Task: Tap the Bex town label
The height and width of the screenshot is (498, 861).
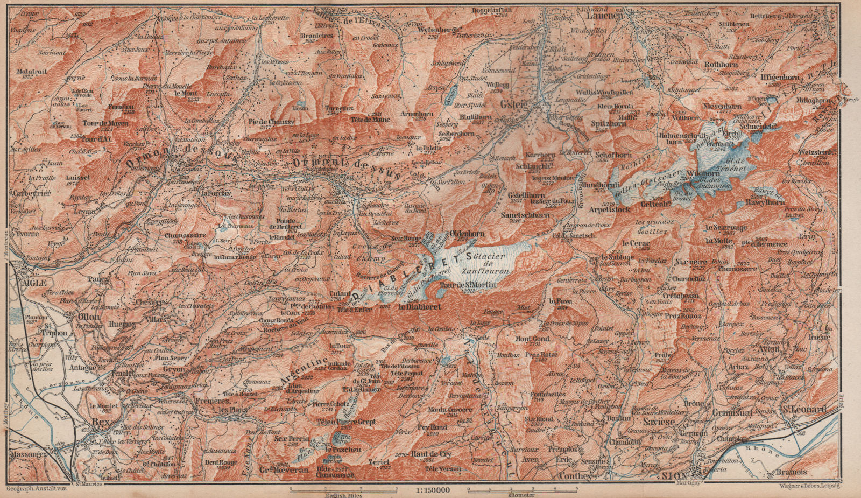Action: pyautogui.click(x=102, y=422)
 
